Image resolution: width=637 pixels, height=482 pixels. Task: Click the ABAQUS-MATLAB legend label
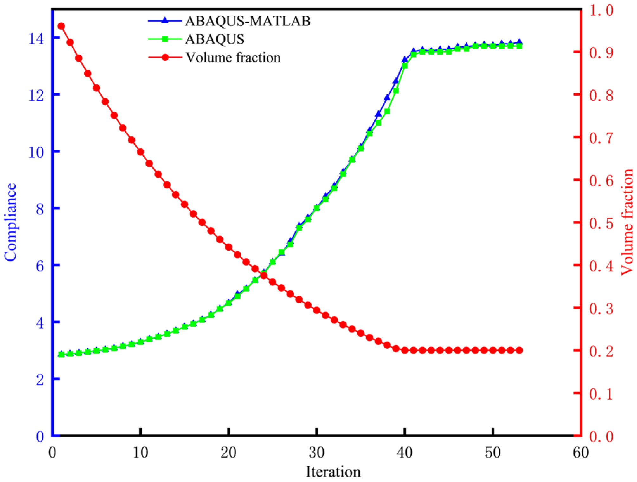248,21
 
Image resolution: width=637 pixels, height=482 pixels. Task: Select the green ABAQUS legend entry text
215,39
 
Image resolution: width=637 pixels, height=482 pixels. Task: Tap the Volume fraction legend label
233,57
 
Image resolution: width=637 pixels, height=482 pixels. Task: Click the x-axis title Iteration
333,472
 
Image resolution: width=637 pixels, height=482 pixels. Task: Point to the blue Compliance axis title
10,222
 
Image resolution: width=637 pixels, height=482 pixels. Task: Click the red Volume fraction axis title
627,222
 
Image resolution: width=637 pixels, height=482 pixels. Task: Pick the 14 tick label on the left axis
36,39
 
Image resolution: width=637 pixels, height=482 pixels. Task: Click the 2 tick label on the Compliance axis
40,380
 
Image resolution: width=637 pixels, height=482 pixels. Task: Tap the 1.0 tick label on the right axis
601,10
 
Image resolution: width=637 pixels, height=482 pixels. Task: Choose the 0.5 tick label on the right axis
601,224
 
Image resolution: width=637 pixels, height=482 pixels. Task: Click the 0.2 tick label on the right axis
601,351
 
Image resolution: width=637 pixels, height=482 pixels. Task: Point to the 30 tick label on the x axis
317,453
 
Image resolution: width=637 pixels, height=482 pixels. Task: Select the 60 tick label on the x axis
581,453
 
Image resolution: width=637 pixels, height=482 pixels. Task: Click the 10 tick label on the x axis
140,453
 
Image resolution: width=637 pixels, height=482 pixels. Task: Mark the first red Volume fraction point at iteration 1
61,26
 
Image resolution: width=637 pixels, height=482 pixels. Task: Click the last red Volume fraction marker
519,350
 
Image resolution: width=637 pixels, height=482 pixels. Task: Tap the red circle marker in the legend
165,57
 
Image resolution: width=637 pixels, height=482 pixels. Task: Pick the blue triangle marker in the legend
165,21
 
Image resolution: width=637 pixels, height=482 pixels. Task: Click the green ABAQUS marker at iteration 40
405,66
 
